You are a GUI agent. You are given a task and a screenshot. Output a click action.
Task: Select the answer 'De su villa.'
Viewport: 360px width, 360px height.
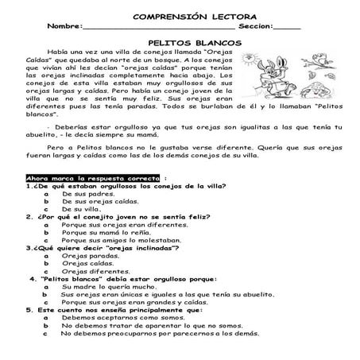pos(84,209)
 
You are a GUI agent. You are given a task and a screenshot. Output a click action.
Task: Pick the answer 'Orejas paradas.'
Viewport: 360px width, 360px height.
pos(91,255)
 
